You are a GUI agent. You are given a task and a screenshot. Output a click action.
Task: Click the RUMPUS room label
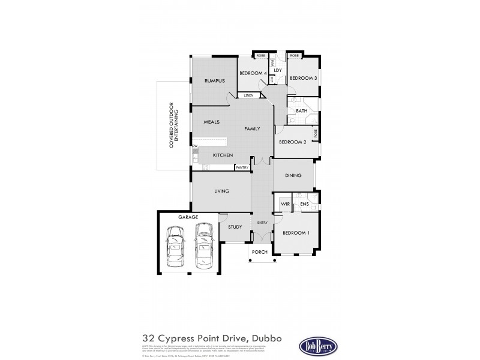tap(214, 80)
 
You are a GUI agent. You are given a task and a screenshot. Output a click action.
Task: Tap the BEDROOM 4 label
tap(253, 73)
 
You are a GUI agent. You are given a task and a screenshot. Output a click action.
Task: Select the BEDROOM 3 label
tap(303, 78)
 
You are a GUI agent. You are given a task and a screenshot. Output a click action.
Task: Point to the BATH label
tap(301, 110)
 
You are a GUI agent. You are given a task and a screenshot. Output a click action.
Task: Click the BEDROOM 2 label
tap(292, 142)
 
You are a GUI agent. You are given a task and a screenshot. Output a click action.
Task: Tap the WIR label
tap(285, 204)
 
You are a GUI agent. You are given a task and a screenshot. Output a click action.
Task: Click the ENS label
tap(304, 204)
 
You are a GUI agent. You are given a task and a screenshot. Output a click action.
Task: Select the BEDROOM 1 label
tap(295, 233)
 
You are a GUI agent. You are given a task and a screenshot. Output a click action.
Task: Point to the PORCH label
tap(260, 252)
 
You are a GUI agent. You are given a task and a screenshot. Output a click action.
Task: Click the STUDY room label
tap(235, 227)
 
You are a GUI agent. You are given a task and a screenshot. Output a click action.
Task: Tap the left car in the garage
tap(174, 247)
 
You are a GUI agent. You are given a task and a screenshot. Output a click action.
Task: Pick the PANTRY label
tap(242, 167)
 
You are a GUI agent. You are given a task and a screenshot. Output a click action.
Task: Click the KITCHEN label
tap(223, 155)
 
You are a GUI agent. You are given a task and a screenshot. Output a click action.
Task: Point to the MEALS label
tap(211, 122)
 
